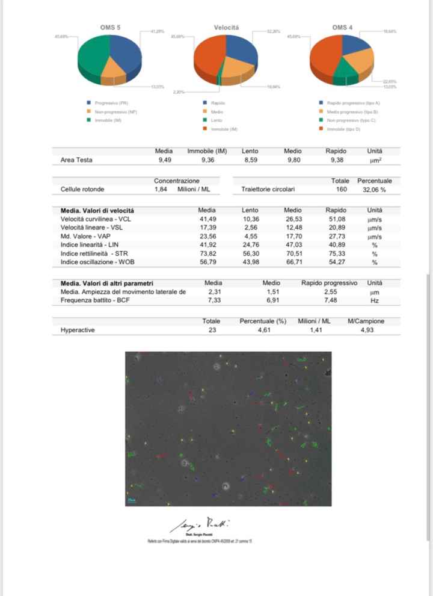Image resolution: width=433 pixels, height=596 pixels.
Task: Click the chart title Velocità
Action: [226, 27]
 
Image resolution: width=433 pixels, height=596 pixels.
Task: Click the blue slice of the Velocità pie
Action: [240, 51]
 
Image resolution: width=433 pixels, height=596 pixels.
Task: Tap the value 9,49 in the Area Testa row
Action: [164, 160]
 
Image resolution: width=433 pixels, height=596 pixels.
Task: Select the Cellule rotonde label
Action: [82, 189]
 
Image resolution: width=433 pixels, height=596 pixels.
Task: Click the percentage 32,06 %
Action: [374, 189]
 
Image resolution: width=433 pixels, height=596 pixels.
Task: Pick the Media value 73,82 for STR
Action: [207, 254]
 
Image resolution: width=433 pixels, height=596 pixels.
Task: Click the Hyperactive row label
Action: [78, 330]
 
